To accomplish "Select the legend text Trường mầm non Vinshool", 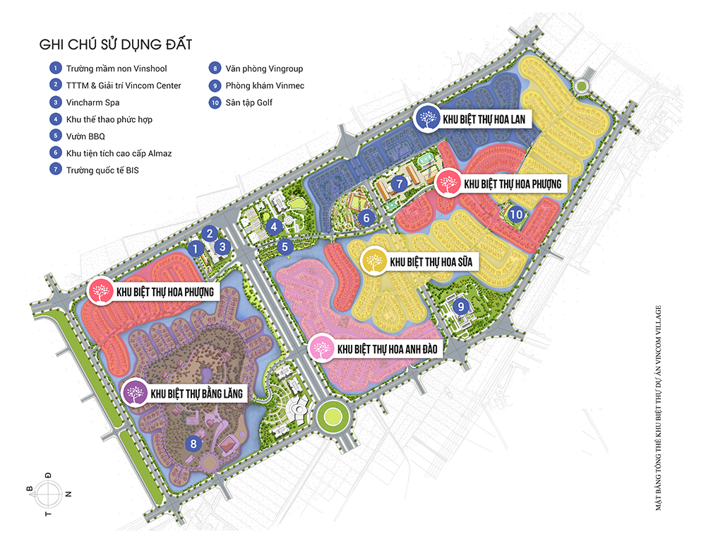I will point(116,69).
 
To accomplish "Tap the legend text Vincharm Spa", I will point(92,102).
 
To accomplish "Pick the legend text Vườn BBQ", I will point(85,136).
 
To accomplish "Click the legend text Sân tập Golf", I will point(249,102).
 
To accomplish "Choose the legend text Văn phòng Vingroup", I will point(264,69).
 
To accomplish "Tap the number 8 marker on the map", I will point(193,444).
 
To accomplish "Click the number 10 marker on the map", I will point(517,215).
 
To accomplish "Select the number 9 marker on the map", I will point(460,306).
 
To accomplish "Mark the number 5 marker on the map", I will point(285,247).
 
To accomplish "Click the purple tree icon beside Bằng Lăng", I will point(134,393).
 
